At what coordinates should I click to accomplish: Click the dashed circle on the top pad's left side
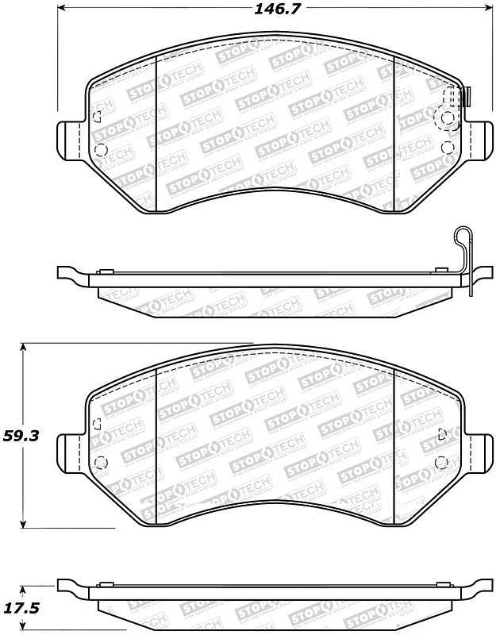(100, 148)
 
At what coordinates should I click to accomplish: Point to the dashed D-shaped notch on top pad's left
(97, 117)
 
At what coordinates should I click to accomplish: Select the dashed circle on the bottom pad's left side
(100, 464)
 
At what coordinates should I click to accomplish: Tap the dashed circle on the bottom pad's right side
(444, 464)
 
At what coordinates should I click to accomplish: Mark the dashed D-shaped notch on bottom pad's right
(443, 434)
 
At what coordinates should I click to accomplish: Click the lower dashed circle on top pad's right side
(445, 147)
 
